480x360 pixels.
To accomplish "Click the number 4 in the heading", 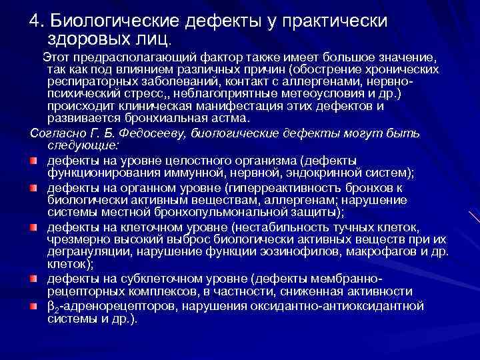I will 34,21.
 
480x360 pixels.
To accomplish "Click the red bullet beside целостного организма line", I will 35,161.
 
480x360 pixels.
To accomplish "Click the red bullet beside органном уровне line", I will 35,189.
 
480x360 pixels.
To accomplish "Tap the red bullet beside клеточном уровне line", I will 35,229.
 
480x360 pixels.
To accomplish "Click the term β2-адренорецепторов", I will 92,306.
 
